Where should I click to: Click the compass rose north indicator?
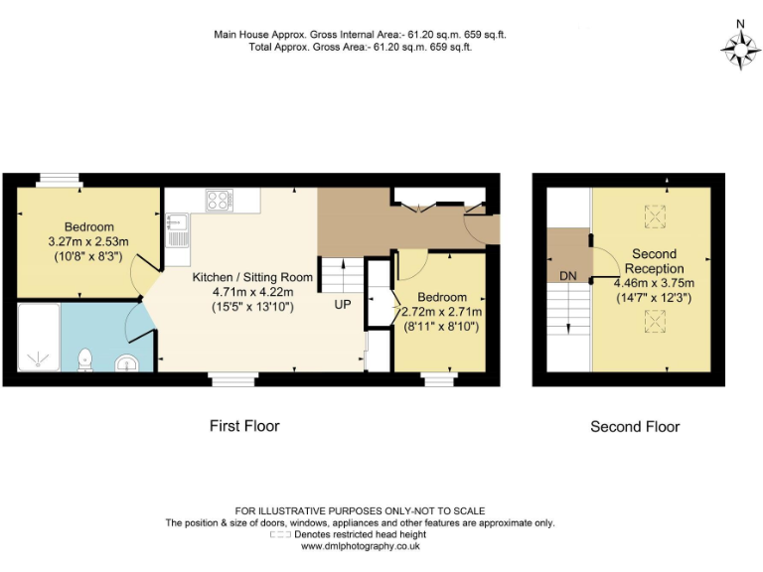[739, 46]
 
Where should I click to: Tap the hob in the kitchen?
[220, 200]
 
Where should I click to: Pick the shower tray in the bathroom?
[39, 338]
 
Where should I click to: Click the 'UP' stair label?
[342, 305]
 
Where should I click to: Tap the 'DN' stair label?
[568, 275]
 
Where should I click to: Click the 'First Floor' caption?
[244, 426]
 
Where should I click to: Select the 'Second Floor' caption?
[635, 427]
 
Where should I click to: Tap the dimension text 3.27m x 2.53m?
[89, 241]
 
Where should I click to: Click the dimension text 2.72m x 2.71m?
[442, 312]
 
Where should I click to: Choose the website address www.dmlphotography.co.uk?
[361, 546]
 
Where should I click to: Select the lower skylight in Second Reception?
[654, 320]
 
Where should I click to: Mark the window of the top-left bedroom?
[59, 181]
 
